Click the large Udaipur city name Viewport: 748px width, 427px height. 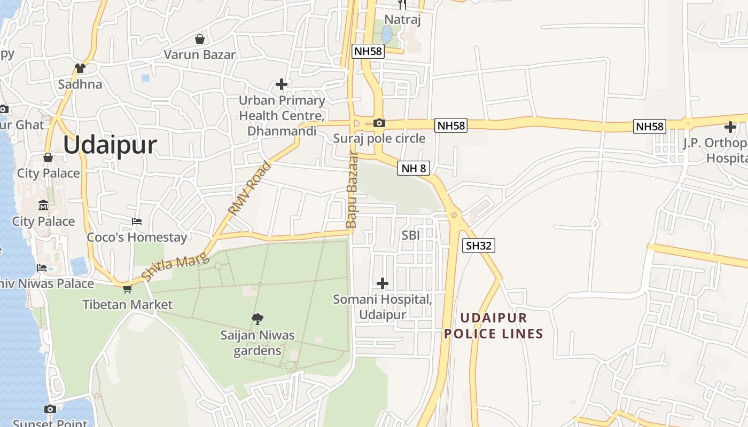(x=110, y=145)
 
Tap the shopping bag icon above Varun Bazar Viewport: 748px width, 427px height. (x=199, y=39)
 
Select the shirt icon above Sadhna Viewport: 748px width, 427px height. (x=80, y=68)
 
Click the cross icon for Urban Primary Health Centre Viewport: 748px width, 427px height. (x=282, y=84)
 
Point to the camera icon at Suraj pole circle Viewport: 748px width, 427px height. (x=379, y=123)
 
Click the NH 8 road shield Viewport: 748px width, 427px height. (x=414, y=169)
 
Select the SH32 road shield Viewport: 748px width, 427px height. (x=479, y=246)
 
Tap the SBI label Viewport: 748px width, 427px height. (x=410, y=235)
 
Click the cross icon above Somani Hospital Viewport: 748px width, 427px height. (x=383, y=283)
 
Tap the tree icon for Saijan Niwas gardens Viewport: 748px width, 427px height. (x=258, y=319)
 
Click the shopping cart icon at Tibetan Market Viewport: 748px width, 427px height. (x=127, y=289)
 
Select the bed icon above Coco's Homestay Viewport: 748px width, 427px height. (x=137, y=222)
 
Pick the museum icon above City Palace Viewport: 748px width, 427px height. (x=43, y=205)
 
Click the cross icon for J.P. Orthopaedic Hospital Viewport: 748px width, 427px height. (x=730, y=127)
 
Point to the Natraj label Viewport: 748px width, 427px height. (x=403, y=20)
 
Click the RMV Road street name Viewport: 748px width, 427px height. (x=250, y=188)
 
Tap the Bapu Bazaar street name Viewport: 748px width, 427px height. (x=352, y=190)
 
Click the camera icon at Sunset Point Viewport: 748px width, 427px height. (x=50, y=409)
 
